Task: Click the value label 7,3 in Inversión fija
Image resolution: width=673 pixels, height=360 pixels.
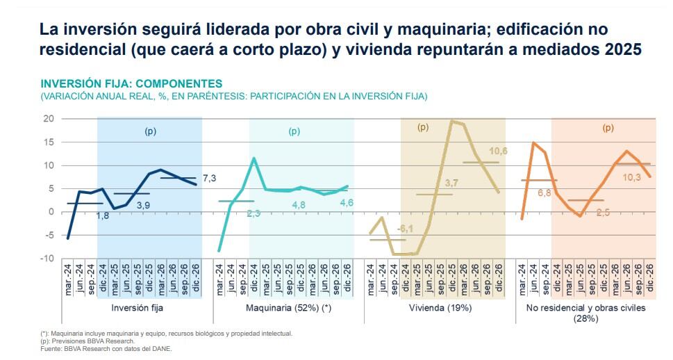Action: [x=209, y=179]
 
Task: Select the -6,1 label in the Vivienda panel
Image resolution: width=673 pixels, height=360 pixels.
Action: [x=405, y=229]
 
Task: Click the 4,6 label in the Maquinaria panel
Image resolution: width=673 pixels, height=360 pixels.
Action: [x=345, y=202]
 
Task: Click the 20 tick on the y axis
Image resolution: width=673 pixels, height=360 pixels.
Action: [x=48, y=119]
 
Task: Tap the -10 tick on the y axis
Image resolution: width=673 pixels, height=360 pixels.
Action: [x=47, y=259]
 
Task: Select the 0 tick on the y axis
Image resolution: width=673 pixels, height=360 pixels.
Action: [x=51, y=212]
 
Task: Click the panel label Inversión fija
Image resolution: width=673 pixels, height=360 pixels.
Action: [x=137, y=307]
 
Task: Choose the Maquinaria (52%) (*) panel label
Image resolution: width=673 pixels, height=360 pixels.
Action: [x=288, y=307]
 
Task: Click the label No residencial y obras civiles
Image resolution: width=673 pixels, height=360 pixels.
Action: [x=585, y=307]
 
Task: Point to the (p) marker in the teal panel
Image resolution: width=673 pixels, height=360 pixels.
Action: [x=294, y=131]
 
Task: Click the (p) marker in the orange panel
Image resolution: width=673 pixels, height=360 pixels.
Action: [x=608, y=128]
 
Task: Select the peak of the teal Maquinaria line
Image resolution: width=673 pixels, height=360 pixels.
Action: [x=254, y=158]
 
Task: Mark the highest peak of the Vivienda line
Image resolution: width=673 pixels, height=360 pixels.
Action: [x=451, y=121]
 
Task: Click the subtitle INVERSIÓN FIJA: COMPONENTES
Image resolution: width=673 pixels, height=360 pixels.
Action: [x=131, y=84]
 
